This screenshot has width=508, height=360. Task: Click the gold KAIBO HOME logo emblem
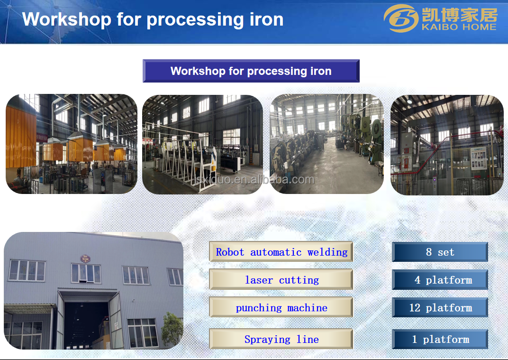pyautogui.click(x=401, y=18)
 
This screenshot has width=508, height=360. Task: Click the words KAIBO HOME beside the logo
pyautogui.click(x=459, y=27)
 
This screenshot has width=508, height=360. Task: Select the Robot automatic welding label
pyautogui.click(x=281, y=252)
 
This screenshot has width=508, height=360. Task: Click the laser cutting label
pyautogui.click(x=281, y=279)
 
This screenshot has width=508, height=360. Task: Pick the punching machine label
pyautogui.click(x=281, y=307)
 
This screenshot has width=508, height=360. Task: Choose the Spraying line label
pyautogui.click(x=281, y=339)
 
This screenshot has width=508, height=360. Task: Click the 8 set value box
pyautogui.click(x=440, y=252)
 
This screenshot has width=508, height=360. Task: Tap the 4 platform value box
pyautogui.click(x=440, y=279)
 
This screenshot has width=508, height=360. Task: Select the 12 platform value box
pyautogui.click(x=440, y=307)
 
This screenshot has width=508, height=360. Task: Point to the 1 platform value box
pyautogui.click(x=440, y=339)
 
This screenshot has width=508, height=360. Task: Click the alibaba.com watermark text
pyautogui.click(x=254, y=180)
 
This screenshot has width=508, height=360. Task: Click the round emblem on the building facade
pyautogui.click(x=85, y=258)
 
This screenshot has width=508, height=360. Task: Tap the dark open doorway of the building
pyautogui.click(x=86, y=324)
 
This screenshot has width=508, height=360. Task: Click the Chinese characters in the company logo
pyautogui.click(x=459, y=14)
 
